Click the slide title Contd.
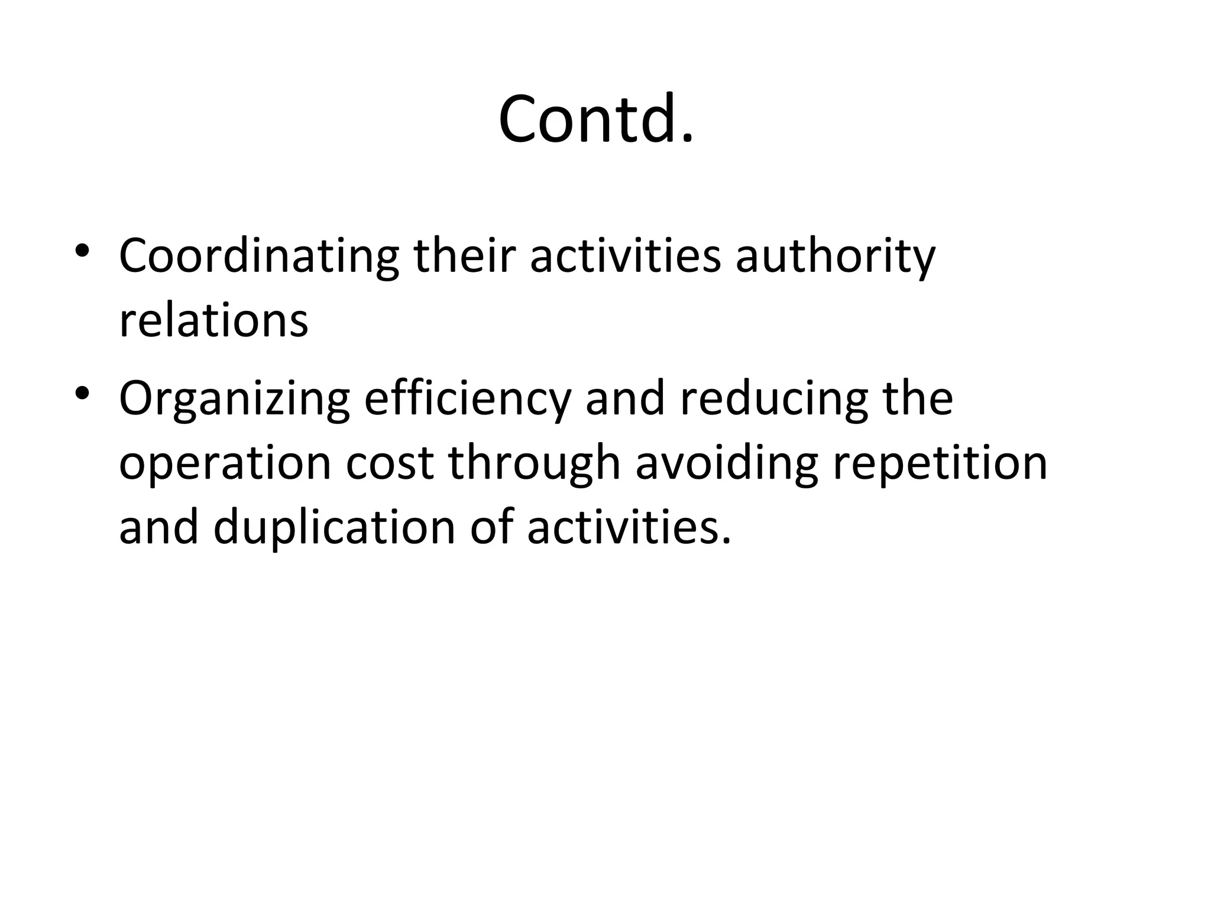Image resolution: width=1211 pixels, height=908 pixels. point(596,119)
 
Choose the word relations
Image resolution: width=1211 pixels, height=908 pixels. point(213,321)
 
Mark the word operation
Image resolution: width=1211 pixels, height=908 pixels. point(225,465)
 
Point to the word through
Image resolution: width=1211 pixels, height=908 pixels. point(534,465)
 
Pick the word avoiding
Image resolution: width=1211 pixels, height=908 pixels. point(727,465)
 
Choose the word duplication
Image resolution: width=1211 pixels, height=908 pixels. point(334,528)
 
